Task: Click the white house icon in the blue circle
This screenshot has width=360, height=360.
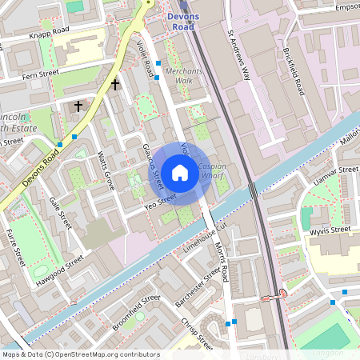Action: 180,172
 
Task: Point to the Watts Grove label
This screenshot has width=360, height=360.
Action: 106,171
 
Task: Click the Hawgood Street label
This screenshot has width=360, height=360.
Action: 59,271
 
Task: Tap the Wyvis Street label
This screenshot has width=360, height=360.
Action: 329,231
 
